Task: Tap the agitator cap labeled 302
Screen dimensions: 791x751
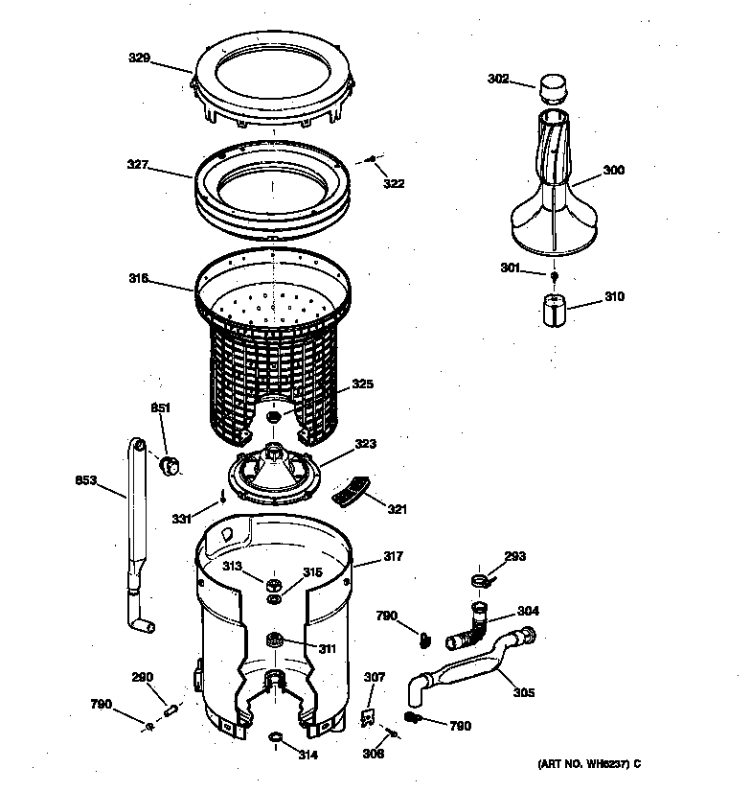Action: (x=550, y=90)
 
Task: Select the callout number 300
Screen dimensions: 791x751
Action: (x=613, y=171)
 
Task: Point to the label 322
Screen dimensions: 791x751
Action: (x=394, y=182)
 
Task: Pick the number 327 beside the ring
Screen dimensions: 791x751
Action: (x=139, y=165)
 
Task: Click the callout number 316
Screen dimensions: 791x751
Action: (x=139, y=279)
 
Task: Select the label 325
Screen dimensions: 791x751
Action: (x=361, y=384)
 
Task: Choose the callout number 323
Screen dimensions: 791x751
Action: (x=365, y=444)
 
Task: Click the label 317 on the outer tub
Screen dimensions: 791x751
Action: (x=393, y=556)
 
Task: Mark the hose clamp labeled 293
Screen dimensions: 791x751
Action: (x=482, y=580)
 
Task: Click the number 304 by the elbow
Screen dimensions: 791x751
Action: (x=528, y=611)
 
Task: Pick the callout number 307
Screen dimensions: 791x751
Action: (x=374, y=678)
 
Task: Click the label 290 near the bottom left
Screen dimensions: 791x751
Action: (x=142, y=678)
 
